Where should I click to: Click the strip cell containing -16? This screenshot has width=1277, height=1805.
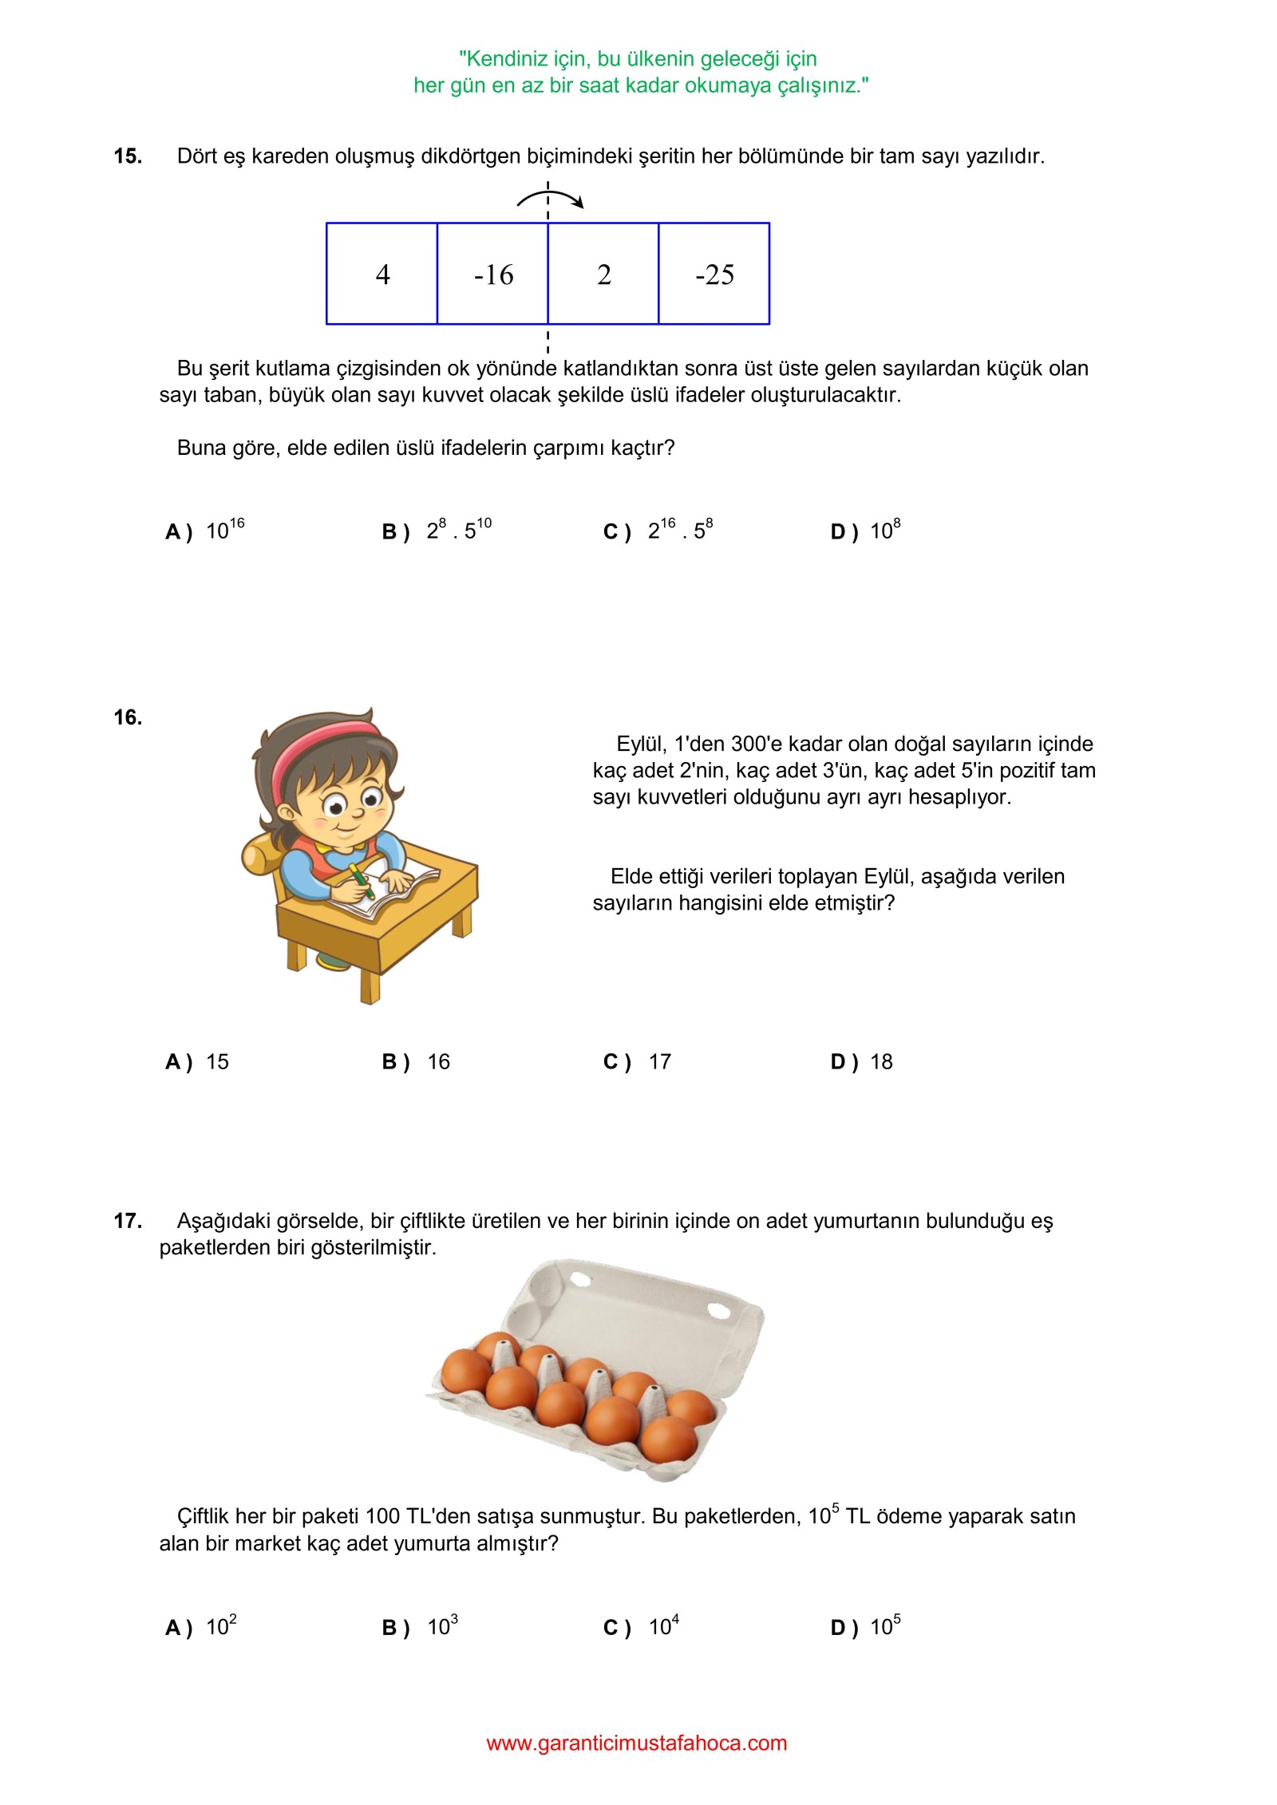click(x=492, y=274)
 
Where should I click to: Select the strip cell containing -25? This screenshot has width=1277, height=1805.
click(x=714, y=274)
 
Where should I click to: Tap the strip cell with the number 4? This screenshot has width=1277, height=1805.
click(x=382, y=274)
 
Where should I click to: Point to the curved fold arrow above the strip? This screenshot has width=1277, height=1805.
click(x=551, y=197)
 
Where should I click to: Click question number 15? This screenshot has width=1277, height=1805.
click(x=128, y=156)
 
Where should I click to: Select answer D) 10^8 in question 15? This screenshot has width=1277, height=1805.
click(x=866, y=530)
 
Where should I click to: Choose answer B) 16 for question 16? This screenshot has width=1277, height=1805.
click(x=417, y=1061)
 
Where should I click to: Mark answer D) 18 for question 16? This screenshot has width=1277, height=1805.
click(x=862, y=1061)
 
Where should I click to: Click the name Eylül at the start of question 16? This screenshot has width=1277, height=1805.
click(x=640, y=744)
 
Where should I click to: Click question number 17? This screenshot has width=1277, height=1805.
click(x=128, y=1221)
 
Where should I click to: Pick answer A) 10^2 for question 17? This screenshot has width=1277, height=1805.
click(x=201, y=1627)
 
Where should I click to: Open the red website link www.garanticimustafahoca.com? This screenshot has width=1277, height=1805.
click(x=636, y=1743)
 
